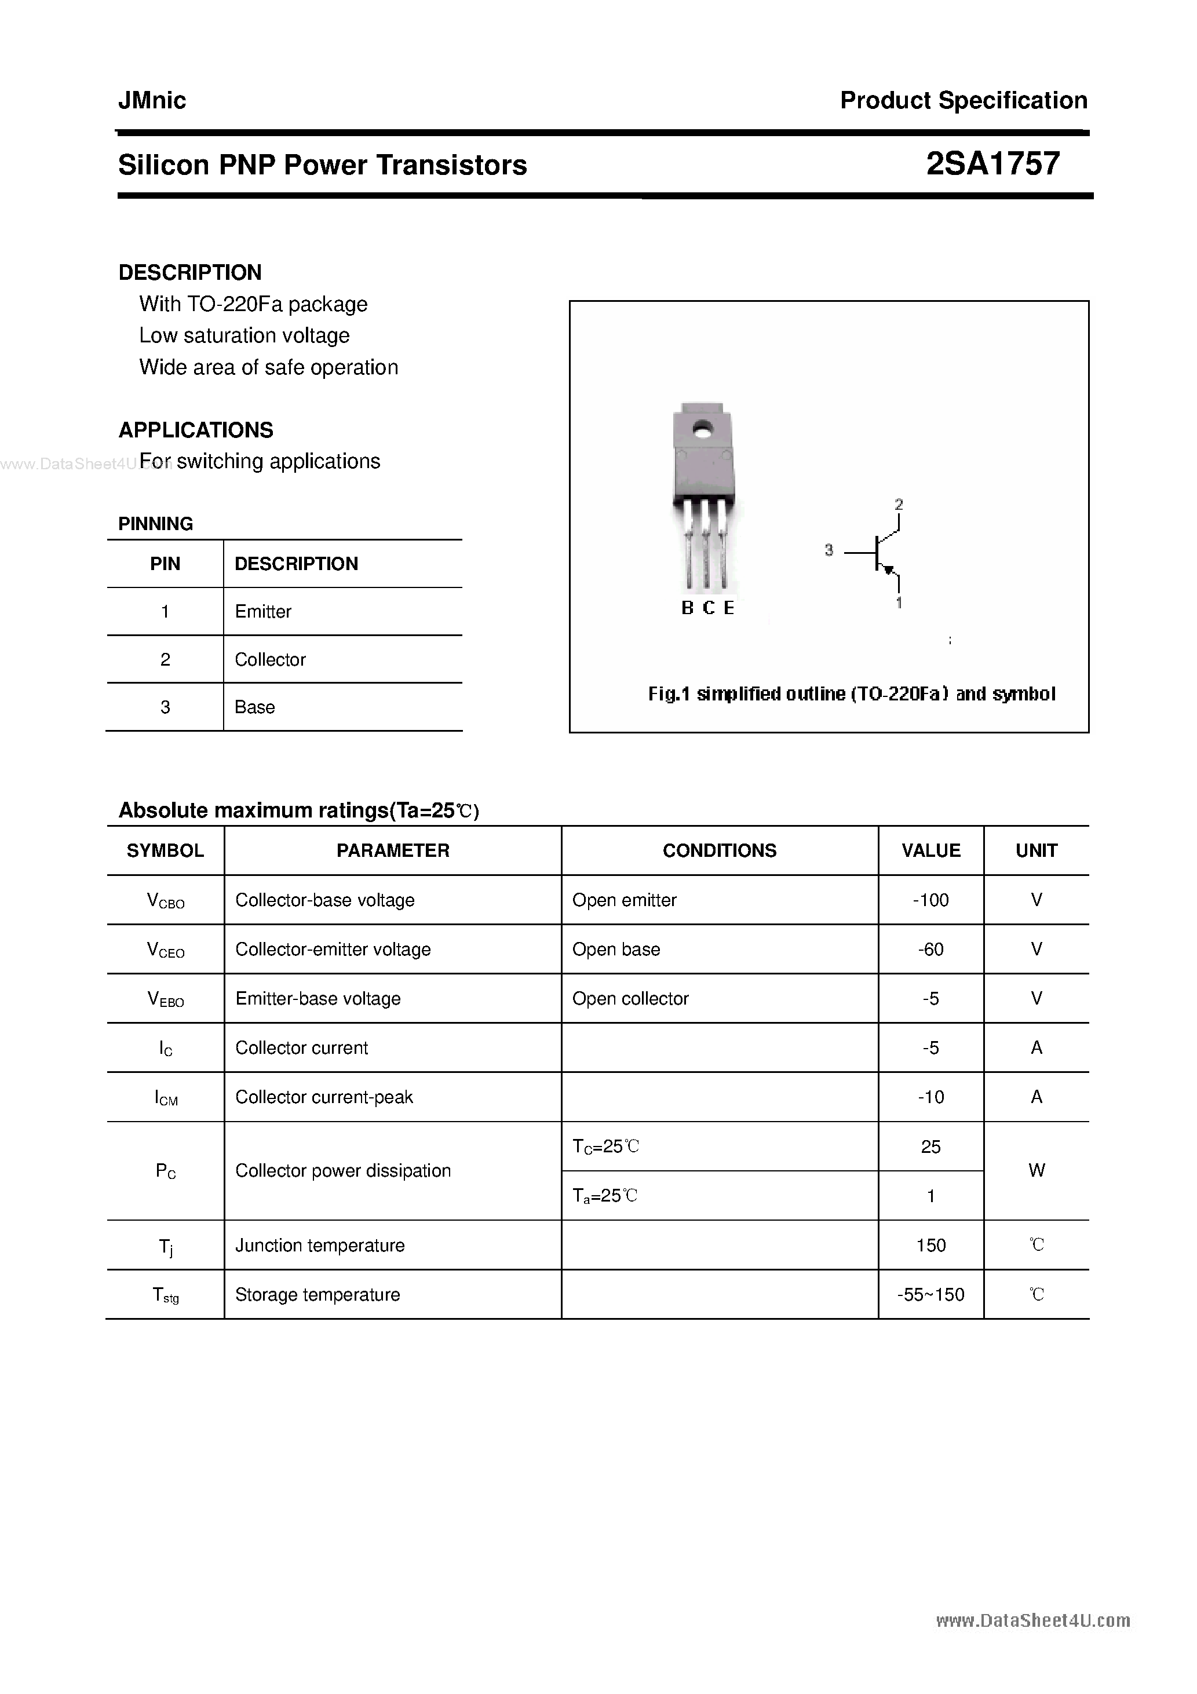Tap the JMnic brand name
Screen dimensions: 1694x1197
tap(152, 100)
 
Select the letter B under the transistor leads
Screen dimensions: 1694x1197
tap(687, 608)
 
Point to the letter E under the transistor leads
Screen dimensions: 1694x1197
tap(729, 608)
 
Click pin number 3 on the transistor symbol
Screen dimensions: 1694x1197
tap(829, 550)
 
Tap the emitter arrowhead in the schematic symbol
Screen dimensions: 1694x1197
tap(889, 569)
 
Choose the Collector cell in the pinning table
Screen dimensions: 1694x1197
tap(270, 660)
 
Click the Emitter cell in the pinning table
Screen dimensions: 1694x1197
tap(262, 612)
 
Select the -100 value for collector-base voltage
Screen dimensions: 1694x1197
tap(930, 900)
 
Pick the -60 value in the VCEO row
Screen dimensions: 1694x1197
tap(930, 950)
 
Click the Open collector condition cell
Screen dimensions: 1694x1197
tap(630, 998)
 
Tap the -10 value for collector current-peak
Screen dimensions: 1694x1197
tap(930, 1097)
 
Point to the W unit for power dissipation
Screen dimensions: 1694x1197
tap(1036, 1170)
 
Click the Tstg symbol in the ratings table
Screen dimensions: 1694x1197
tap(165, 1295)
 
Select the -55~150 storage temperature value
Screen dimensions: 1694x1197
tap(930, 1295)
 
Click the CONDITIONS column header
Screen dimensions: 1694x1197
tap(720, 850)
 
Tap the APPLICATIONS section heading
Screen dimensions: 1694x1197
tap(196, 430)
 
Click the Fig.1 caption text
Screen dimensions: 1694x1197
tap(852, 693)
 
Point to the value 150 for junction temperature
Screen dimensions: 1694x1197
tap(930, 1246)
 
